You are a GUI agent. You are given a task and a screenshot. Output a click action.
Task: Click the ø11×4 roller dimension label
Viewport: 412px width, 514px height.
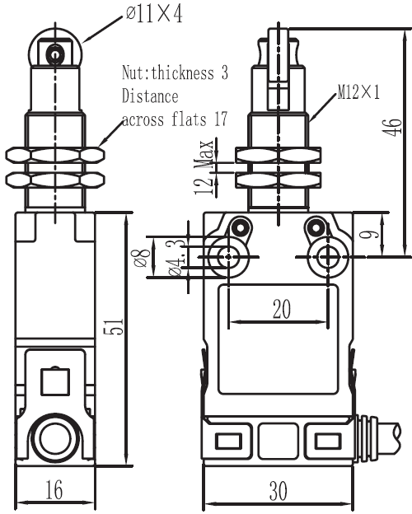154,14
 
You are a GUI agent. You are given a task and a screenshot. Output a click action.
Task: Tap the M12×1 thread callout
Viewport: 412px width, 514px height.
358,91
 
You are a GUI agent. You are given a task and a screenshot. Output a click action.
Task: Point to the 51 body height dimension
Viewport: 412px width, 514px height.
114,326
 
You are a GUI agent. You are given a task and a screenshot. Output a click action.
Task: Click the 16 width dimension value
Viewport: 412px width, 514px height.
54,490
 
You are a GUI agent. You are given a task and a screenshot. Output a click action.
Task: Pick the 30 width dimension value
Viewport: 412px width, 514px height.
279,491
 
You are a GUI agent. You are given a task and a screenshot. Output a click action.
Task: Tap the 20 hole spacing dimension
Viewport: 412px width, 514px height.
282,309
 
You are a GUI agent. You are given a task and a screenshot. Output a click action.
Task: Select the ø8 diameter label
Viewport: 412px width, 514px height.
141,258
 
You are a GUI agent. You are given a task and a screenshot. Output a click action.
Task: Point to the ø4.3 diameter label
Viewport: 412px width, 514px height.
177,257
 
